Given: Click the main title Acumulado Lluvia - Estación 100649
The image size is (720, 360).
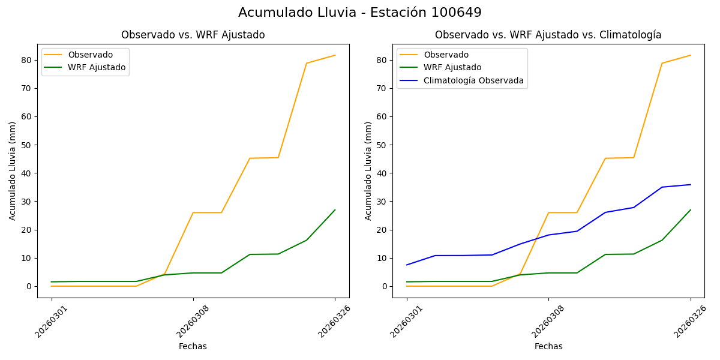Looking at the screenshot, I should pyautogui.click(x=359, y=13).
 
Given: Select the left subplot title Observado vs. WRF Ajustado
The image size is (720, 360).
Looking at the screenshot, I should pyautogui.click(x=193, y=35).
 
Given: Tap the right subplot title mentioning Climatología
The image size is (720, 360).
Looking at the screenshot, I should pyautogui.click(x=548, y=35).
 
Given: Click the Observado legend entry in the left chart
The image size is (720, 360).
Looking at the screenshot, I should pyautogui.click(x=90, y=55).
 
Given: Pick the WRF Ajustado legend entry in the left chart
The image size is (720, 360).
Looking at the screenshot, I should pyautogui.click(x=97, y=67).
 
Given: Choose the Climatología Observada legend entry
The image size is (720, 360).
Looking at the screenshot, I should pyautogui.click(x=473, y=80).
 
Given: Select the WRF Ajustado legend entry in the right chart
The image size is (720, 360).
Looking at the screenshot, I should pyautogui.click(x=452, y=67).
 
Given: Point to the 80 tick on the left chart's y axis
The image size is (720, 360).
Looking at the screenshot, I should pyautogui.click(x=26, y=60).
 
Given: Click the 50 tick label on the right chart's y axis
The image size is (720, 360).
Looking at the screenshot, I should pyautogui.click(x=382, y=145).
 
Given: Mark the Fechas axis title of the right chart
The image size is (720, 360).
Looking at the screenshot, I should pyautogui.click(x=548, y=346).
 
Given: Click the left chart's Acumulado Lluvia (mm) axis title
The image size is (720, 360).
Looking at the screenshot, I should pyautogui.click(x=13, y=170).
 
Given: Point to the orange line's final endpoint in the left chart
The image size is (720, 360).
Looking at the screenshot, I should pyautogui.click(x=335, y=55).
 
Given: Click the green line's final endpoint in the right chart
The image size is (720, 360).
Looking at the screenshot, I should pyautogui.click(x=691, y=210).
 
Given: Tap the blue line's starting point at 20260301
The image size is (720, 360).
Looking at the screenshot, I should pyautogui.click(x=407, y=265).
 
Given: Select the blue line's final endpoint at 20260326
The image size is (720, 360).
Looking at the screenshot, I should pyautogui.click(x=691, y=185).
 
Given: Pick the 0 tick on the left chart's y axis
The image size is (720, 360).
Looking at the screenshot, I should pyautogui.click(x=29, y=286).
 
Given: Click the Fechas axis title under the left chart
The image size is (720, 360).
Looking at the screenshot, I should pyautogui.click(x=193, y=346).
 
